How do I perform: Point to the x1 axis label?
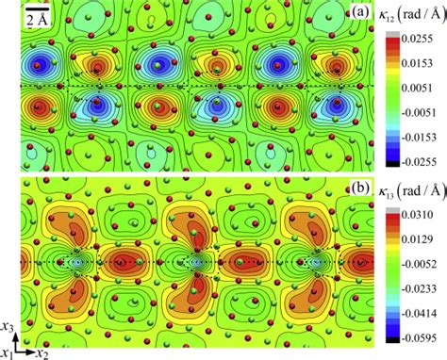(x=7, y=352)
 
